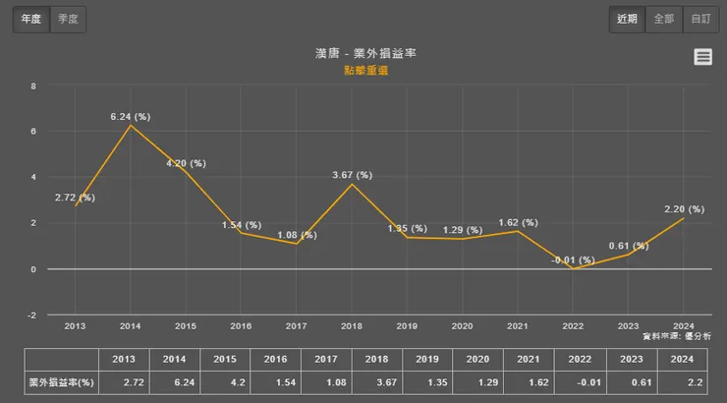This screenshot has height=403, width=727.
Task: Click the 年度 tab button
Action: (30, 19)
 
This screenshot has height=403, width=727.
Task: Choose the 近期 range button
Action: (628, 19)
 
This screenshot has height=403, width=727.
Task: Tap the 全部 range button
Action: (664, 19)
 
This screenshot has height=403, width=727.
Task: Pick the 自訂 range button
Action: (699, 19)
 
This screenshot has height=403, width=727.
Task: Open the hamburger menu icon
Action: (703, 57)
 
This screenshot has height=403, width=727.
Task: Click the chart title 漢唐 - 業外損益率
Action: (363, 53)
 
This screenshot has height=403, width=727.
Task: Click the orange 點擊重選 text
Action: (363, 71)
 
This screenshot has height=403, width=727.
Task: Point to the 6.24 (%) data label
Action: (130, 116)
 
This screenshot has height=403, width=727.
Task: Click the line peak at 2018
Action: (352, 185)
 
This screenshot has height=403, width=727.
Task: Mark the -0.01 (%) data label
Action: (574, 260)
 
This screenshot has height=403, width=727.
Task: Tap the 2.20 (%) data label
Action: (684, 208)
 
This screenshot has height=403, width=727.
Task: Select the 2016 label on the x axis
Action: (241, 324)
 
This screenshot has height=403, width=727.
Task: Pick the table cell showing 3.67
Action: (351, 379)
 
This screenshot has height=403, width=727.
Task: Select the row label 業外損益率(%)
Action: (61, 379)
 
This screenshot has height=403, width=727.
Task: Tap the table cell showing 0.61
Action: (628, 379)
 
